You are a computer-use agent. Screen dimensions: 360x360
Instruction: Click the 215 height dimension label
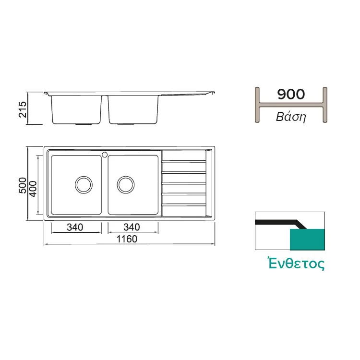pos(23,109)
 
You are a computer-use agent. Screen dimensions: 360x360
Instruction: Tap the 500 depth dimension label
pos(23,185)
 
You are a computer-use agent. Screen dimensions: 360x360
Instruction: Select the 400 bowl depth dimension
pos(33,189)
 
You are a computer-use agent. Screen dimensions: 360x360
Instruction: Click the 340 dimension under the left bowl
pos(75,227)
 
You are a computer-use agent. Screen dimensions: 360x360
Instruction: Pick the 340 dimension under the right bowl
pos(132,227)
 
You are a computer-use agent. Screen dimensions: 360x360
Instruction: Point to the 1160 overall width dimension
pos(127,239)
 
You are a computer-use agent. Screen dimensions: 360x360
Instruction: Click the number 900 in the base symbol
pos(291,94)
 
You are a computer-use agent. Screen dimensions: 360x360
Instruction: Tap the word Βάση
pos(291,117)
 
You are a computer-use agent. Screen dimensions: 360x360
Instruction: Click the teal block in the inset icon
pos(307,239)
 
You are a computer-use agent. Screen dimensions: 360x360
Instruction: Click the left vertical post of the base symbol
pos(257,105)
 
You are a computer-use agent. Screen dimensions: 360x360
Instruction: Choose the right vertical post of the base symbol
pos(325,105)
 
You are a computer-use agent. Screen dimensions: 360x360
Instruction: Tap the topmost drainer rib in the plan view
pos(184,162)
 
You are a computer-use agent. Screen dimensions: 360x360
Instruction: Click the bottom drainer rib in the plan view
pos(184,205)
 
